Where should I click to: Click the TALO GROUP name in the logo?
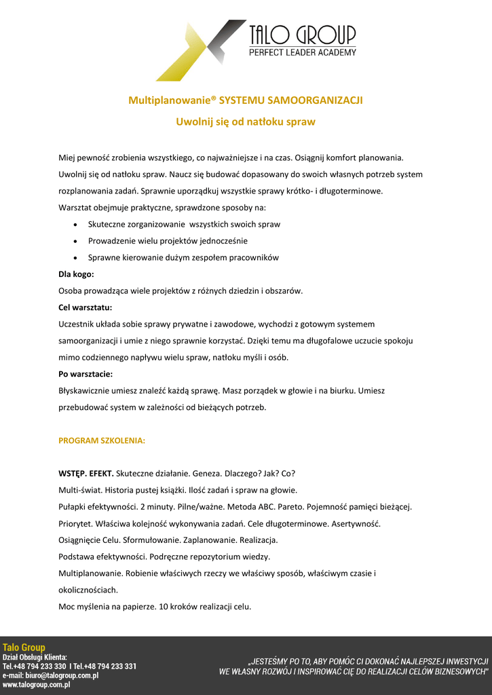point(302,35)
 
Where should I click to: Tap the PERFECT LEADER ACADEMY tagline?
point(302,52)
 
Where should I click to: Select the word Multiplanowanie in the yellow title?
point(169,100)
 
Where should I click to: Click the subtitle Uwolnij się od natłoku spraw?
point(246,122)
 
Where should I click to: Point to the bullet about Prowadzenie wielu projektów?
point(168,241)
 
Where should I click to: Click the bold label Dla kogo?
point(76,274)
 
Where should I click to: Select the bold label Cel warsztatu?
point(86,307)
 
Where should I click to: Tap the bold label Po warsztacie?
point(86,374)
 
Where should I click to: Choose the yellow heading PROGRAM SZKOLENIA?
point(102,440)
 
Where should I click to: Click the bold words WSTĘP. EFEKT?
point(86,473)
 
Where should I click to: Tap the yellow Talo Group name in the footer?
point(24,647)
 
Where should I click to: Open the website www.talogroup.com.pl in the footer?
point(37,685)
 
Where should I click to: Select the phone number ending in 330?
point(41,666)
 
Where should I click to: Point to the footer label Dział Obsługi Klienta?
point(35,657)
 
